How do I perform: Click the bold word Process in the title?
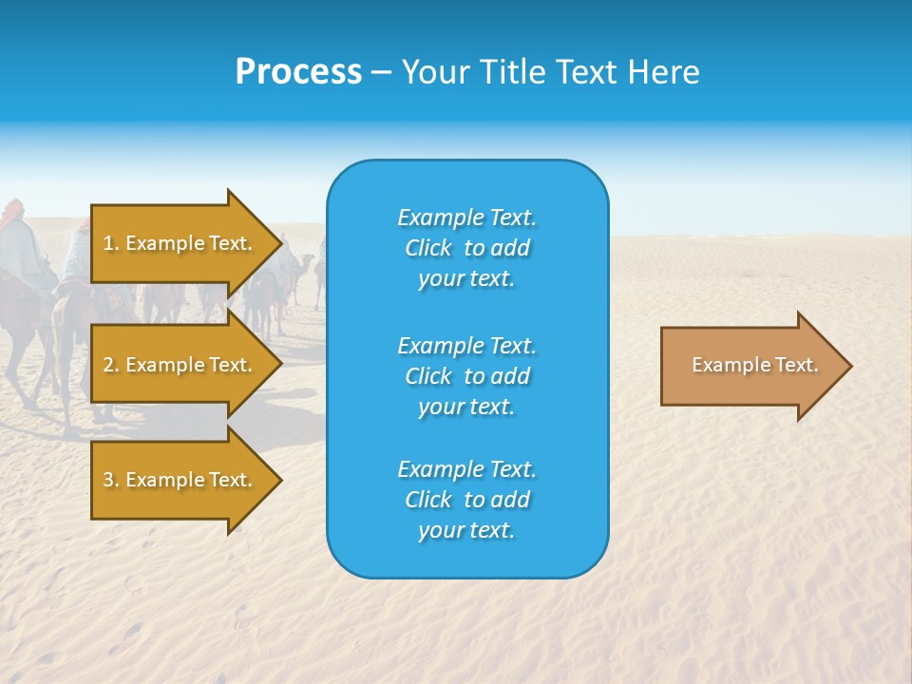(298, 72)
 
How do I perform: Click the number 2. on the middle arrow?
(111, 365)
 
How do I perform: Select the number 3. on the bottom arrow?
(111, 480)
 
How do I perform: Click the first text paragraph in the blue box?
(466, 248)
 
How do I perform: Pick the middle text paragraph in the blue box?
(466, 375)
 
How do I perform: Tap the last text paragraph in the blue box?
(466, 500)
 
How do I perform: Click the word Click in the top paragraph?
(428, 248)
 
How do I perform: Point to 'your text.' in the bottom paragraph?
(466, 530)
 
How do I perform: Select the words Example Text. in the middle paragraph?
(466, 345)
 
